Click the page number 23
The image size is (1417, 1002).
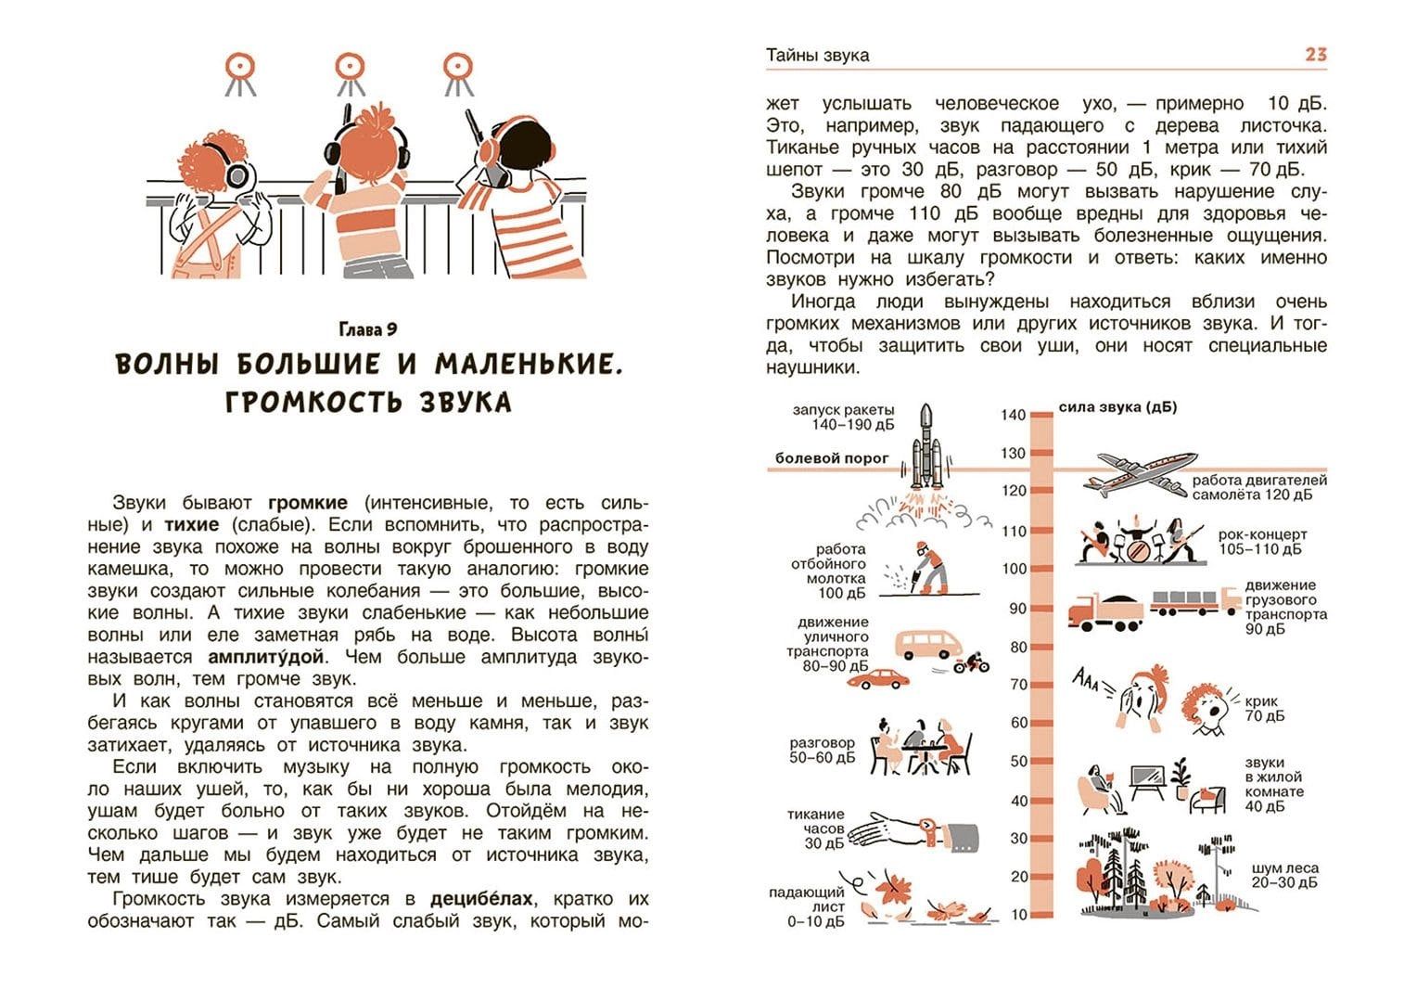click(1315, 55)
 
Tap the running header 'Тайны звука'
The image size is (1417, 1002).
click(817, 56)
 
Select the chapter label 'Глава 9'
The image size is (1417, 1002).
click(368, 328)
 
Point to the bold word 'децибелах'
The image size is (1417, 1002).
click(482, 898)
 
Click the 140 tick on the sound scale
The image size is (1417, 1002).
click(1014, 415)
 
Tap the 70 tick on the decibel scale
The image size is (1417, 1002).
click(1018, 685)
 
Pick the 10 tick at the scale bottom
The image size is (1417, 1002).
click(1019, 915)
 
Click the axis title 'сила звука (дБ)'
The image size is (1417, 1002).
click(1118, 407)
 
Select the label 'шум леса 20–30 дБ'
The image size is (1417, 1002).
click(1284, 875)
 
